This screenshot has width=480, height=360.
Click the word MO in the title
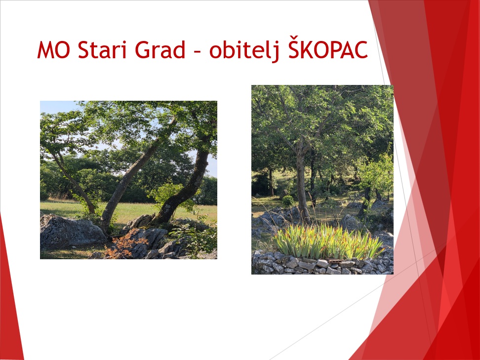(53, 50)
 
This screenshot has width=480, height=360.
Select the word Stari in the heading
(102, 50)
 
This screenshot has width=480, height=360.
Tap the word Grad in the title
(160, 49)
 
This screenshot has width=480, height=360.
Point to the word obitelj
(244, 50)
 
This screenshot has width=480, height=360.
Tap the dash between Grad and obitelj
(198, 52)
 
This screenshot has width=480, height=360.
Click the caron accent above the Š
(293, 38)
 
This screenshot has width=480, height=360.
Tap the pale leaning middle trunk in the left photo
(132, 178)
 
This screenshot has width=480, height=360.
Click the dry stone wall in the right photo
(322, 265)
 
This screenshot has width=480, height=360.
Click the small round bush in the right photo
(288, 201)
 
